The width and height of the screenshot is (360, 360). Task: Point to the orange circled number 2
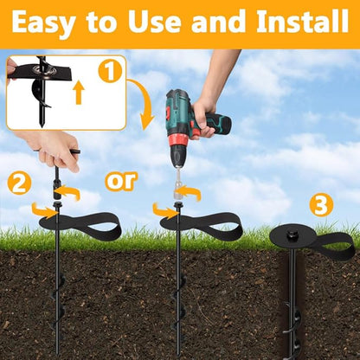tap(19, 183)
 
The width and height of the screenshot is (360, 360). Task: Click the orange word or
tap(121, 182)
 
